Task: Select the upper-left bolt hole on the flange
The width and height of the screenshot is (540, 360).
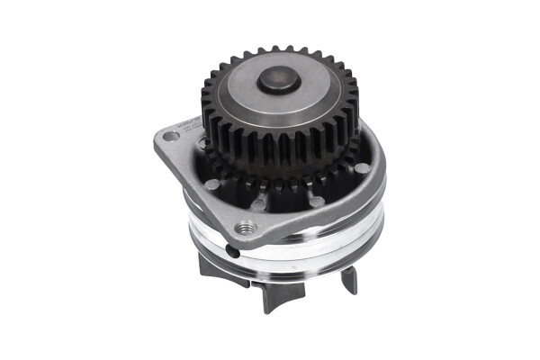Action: (x=168, y=136)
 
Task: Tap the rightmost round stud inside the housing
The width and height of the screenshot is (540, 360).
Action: (x=361, y=168)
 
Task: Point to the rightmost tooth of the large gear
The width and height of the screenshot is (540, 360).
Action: (x=354, y=101)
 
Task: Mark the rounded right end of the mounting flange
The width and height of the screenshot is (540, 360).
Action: (x=382, y=162)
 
